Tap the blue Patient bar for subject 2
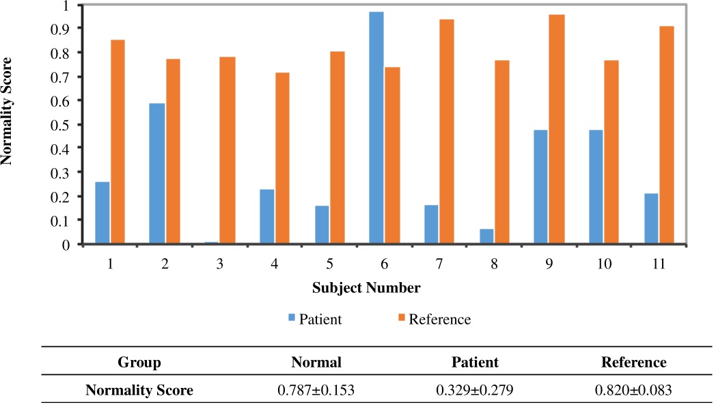(157, 173)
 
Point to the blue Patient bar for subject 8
(486, 236)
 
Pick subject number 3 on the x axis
(219, 263)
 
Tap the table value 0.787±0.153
(316, 391)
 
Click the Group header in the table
(139, 362)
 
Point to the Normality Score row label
(139, 391)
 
